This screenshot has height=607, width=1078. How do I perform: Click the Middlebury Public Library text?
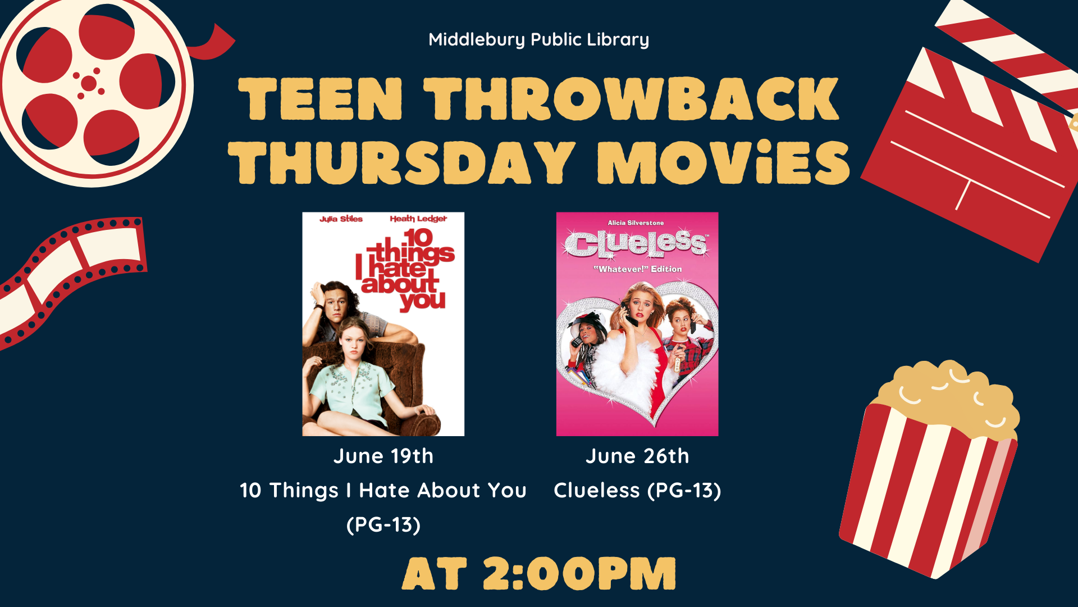(x=538, y=40)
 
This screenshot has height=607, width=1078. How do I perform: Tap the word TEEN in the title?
(x=321, y=99)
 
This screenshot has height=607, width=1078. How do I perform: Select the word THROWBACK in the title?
(x=631, y=99)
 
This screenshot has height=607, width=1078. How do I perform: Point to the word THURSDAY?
(x=402, y=162)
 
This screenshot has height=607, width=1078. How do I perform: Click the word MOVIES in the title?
(x=724, y=162)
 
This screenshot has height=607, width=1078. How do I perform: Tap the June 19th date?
(x=383, y=456)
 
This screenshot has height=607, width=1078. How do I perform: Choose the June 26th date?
(x=637, y=456)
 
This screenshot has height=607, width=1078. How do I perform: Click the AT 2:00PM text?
(x=539, y=574)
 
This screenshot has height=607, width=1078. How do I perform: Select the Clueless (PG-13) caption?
(x=637, y=491)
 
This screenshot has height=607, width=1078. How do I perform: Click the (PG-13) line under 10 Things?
(x=383, y=525)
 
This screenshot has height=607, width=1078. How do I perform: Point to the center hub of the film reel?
(x=89, y=84)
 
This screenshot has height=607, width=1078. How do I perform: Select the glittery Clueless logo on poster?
(x=636, y=244)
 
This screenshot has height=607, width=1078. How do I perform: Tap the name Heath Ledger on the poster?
(x=418, y=219)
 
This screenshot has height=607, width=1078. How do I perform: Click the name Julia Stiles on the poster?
(x=341, y=219)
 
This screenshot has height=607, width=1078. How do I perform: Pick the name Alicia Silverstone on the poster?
(x=636, y=223)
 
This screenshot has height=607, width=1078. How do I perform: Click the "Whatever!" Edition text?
(x=638, y=269)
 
